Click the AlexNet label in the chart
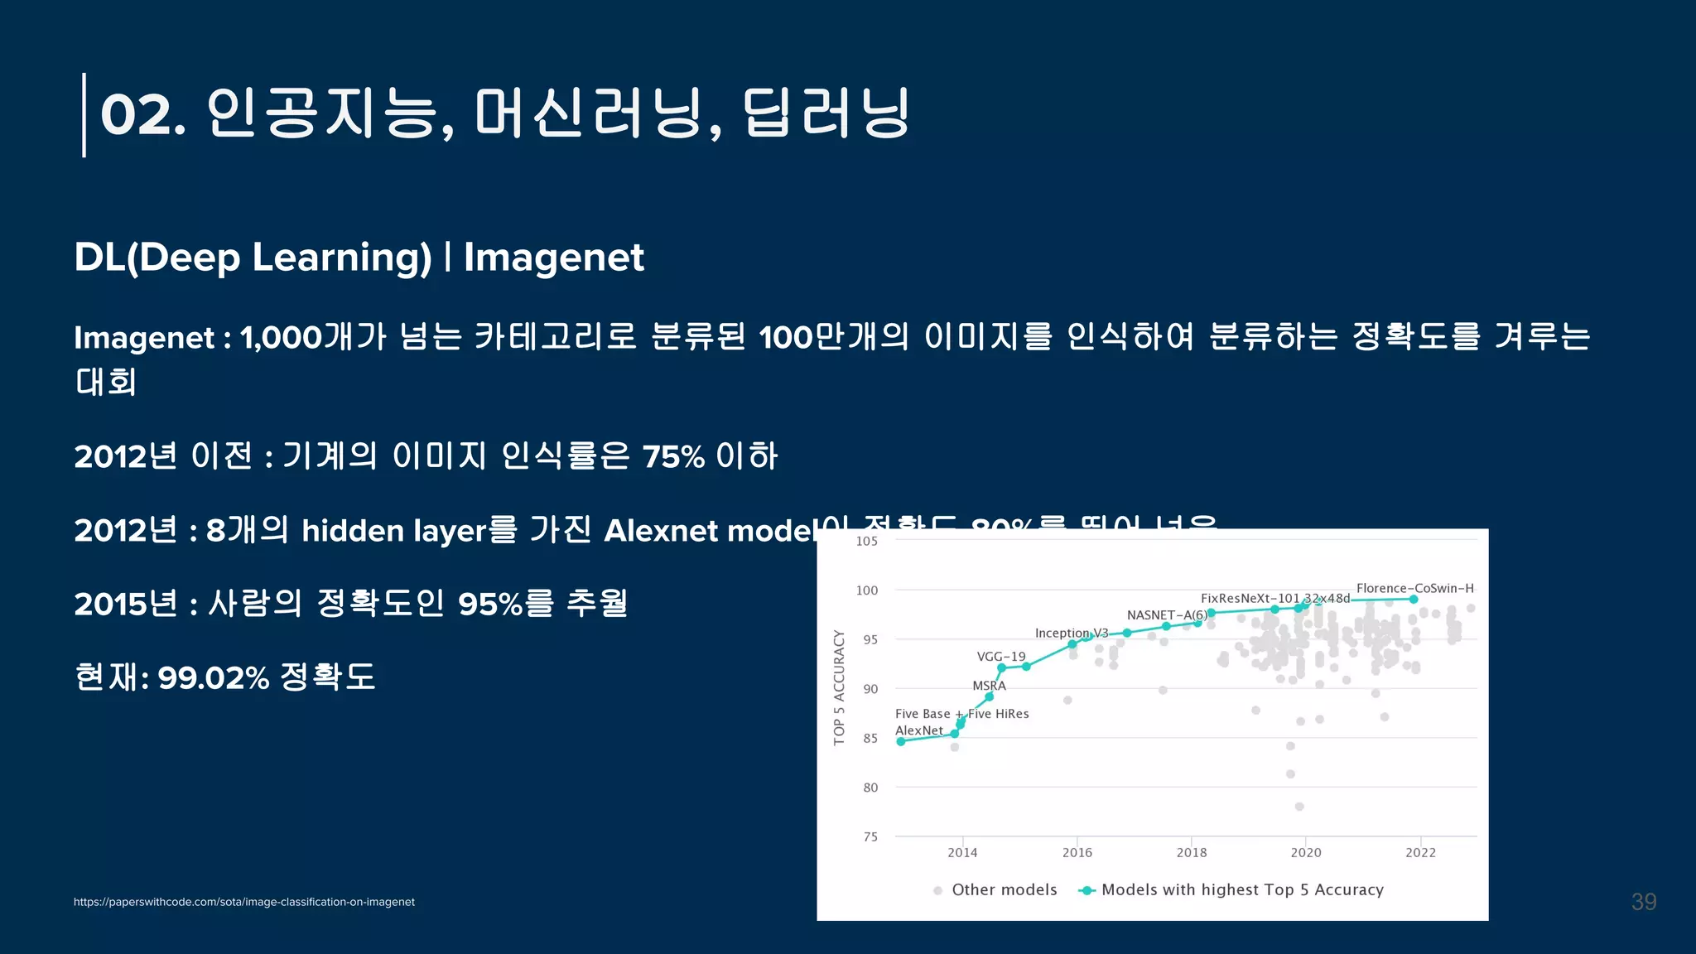(918, 730)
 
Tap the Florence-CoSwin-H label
(1414, 588)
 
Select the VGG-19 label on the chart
(1000, 657)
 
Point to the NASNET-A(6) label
(1166, 615)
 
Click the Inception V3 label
(1071, 633)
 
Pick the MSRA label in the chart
(989, 686)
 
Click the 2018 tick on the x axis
(1191, 852)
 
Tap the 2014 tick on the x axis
(961, 852)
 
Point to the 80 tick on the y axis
(870, 788)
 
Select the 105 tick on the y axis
(866, 542)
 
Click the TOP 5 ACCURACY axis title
(839, 687)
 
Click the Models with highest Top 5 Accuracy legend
(1241, 889)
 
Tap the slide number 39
(1643, 902)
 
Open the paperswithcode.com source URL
(243, 902)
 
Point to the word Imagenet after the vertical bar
(553, 258)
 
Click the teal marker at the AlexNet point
(901, 741)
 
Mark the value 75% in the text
(672, 457)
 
